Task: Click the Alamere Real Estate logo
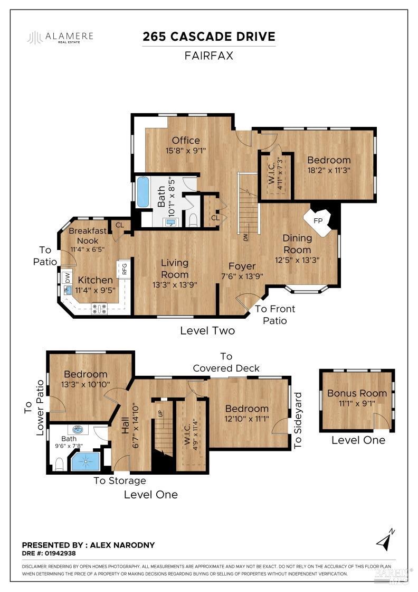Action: (61, 38)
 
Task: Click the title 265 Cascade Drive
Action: (209, 36)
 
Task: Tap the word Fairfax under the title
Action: (209, 55)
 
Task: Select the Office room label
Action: (186, 140)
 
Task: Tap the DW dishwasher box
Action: (67, 277)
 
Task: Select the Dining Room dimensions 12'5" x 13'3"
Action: (297, 260)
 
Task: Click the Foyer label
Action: (242, 266)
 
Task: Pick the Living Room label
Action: (175, 269)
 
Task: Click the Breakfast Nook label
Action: (88, 235)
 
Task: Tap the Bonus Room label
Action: (357, 393)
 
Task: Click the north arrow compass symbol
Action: (385, 540)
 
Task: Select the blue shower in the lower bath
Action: (85, 460)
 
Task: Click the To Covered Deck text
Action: (226, 362)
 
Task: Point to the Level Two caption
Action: (207, 331)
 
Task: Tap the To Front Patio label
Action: (275, 314)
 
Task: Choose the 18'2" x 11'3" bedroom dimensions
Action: (329, 170)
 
